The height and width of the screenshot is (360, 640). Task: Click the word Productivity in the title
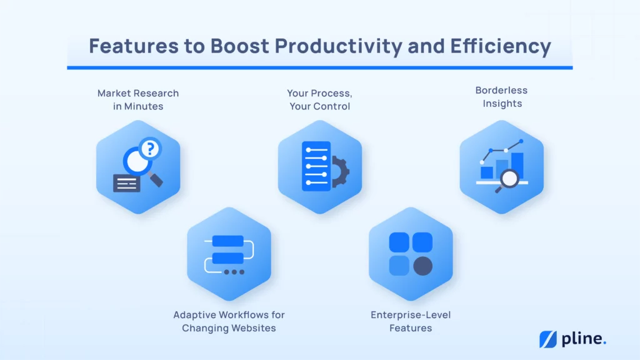coord(338,46)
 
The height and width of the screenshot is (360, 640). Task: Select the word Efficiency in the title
coord(501,46)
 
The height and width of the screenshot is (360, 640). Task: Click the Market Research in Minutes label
coord(138,99)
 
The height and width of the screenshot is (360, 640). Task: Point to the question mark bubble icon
coord(150,149)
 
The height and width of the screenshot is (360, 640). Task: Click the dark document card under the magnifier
coord(126,183)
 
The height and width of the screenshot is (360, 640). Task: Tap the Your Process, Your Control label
coord(319,99)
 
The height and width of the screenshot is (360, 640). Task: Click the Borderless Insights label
coord(502,97)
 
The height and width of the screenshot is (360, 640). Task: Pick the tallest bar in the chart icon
coord(517,166)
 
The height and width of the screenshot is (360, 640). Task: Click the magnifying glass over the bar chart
coord(508,180)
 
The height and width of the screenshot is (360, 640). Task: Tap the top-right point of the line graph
coord(521,141)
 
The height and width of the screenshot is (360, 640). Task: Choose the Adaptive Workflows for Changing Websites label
coord(229,321)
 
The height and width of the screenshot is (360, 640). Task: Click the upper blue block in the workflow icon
coord(227,241)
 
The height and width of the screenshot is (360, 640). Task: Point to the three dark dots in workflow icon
coord(234,272)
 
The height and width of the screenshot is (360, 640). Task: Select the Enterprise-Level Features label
coord(411,321)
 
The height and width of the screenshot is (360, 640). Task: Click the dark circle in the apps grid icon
coord(423,266)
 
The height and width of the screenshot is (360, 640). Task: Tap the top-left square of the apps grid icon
coord(399,242)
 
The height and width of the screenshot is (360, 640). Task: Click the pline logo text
coord(584,339)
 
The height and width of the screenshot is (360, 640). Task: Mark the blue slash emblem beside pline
coord(547,339)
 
